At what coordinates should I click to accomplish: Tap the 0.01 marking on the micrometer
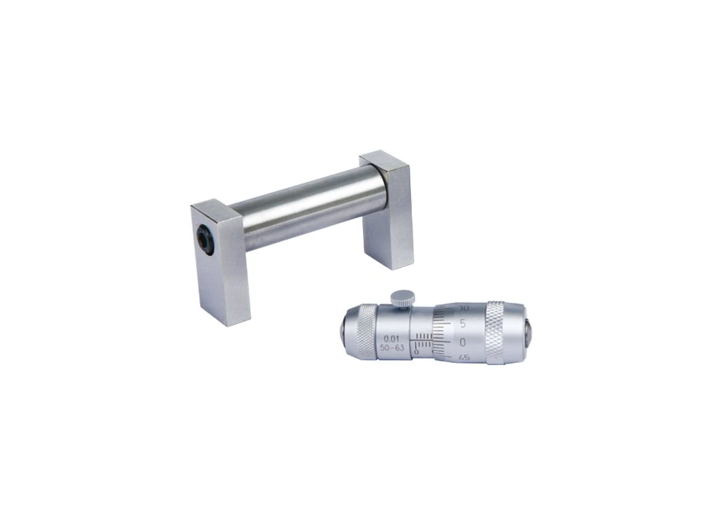389,337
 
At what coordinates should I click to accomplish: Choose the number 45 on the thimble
465,357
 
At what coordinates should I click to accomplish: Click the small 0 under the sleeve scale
416,352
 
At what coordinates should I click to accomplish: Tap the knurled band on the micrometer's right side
503,333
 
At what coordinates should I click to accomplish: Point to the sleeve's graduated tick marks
425,340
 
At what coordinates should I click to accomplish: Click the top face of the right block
384,162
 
